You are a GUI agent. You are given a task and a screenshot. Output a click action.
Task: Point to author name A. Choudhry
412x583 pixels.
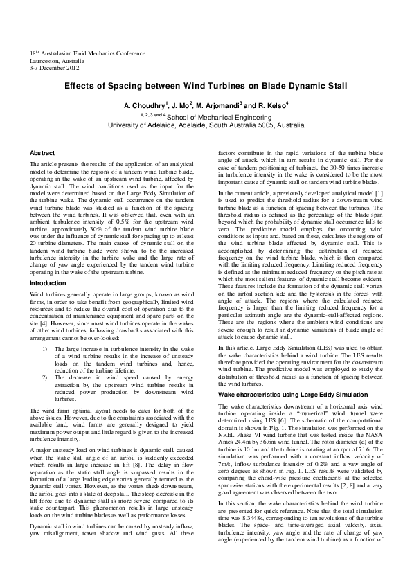(x=145, y=106)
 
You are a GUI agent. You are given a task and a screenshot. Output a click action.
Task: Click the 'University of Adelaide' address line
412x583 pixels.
(x=206, y=126)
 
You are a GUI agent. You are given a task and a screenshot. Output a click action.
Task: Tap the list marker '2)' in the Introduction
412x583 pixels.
(x=45, y=377)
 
